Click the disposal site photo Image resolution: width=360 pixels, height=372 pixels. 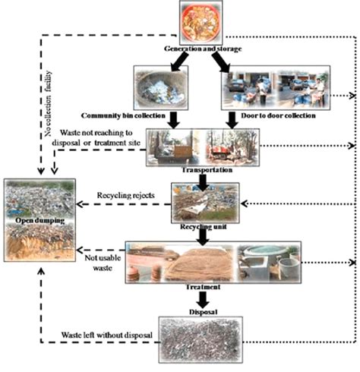[202, 337]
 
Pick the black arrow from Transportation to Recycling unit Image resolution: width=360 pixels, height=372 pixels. [202, 176]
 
